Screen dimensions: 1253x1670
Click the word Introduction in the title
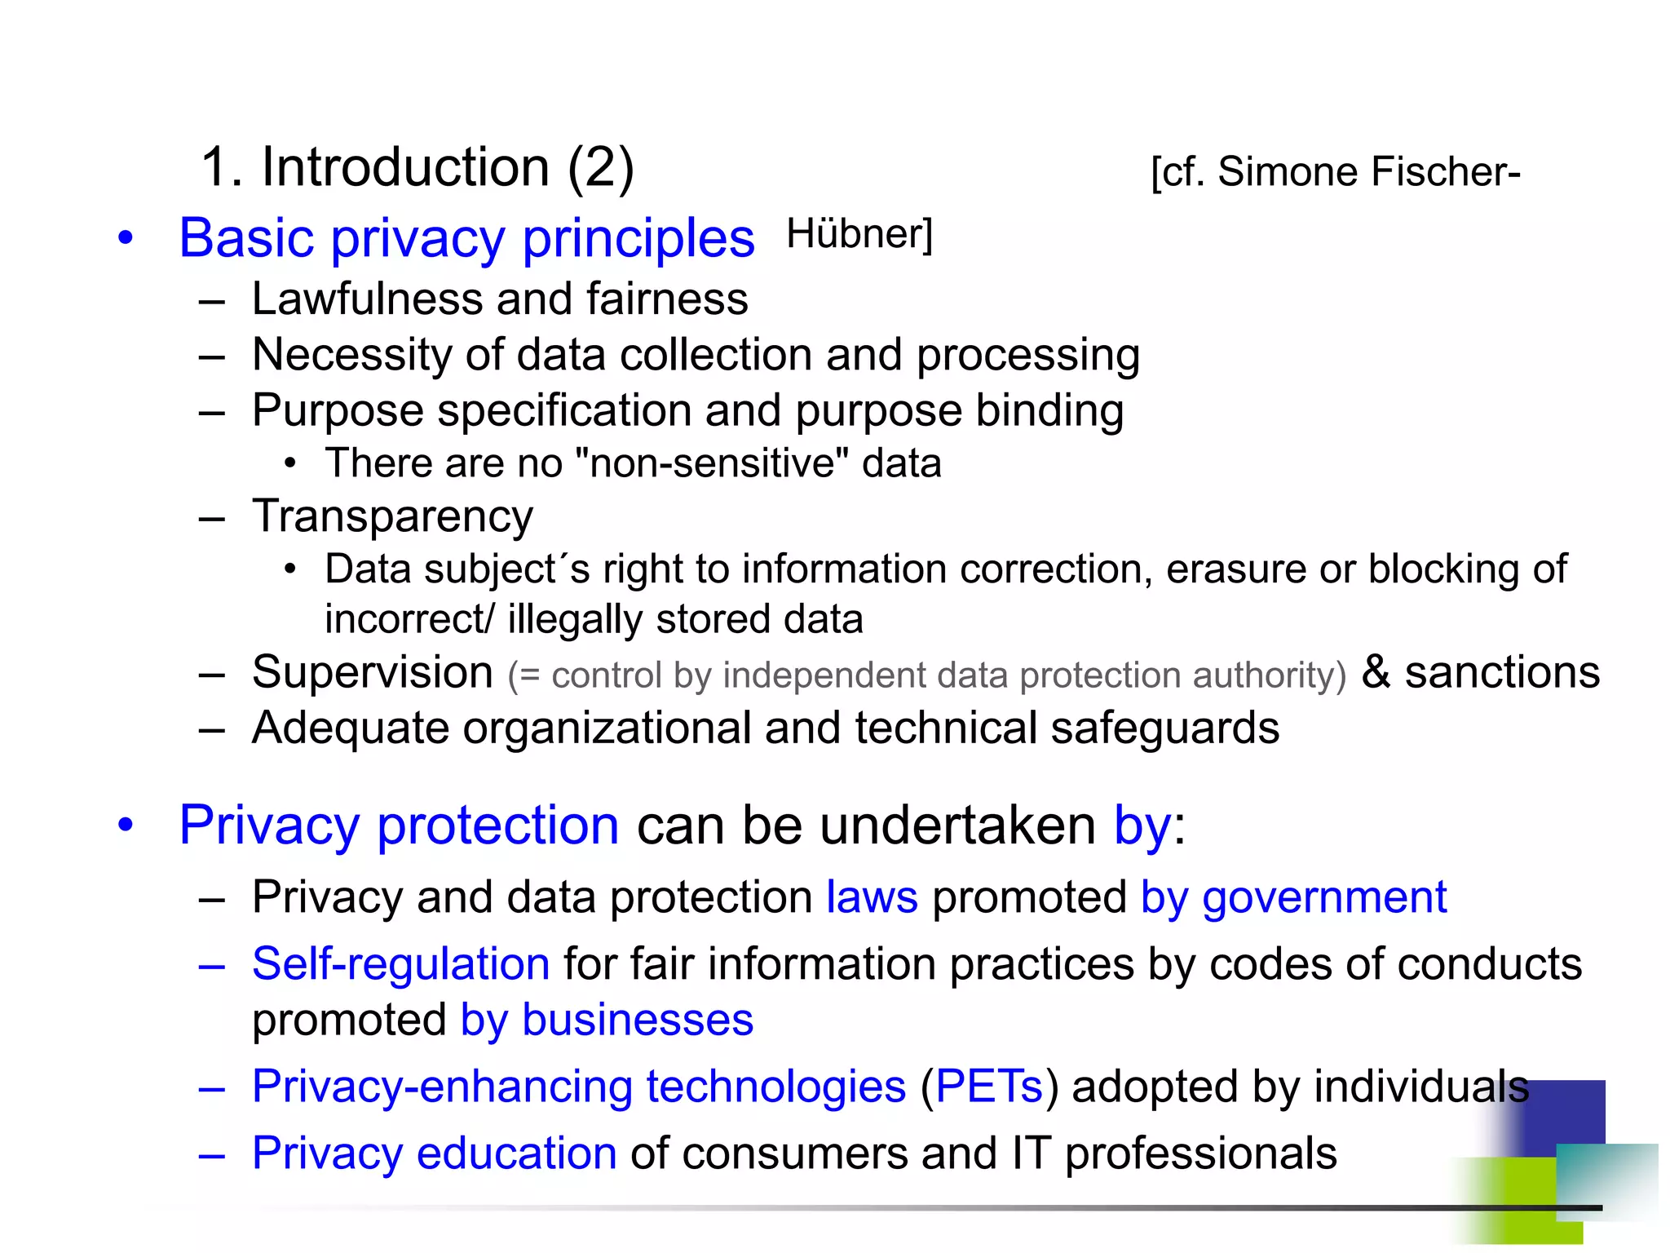(405, 167)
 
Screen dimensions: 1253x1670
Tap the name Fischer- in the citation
(1446, 172)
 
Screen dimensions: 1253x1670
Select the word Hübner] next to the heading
(859, 234)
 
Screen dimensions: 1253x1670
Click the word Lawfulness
(367, 299)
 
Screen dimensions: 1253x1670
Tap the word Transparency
(392, 516)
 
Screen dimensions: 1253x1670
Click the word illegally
(575, 619)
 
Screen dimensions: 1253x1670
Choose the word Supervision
(373, 672)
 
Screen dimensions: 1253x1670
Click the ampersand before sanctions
(1376, 672)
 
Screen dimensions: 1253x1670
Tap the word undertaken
(957, 826)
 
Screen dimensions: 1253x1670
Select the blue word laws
(872, 897)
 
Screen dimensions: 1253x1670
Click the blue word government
(1324, 897)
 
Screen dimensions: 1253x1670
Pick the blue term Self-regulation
(400, 964)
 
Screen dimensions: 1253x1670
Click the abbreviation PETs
(989, 1087)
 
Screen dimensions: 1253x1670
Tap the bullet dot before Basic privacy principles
(125, 239)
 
